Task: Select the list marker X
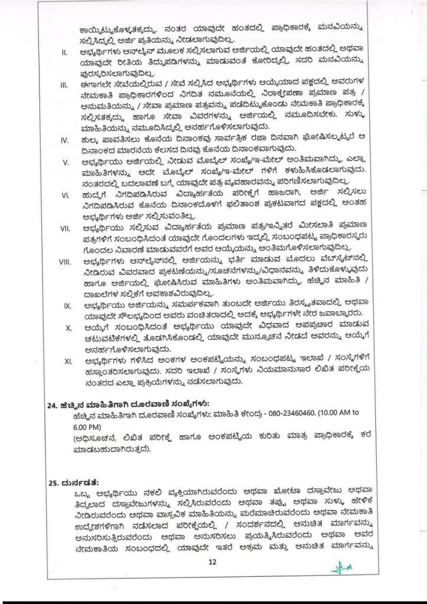click(x=68, y=326)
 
